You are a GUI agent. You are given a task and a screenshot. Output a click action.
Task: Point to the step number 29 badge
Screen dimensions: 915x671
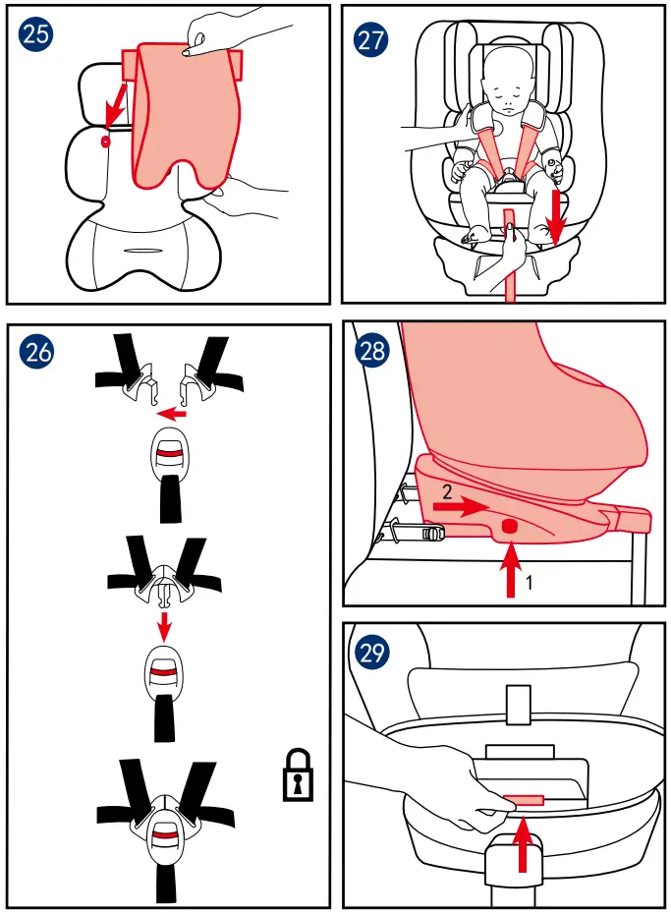372,652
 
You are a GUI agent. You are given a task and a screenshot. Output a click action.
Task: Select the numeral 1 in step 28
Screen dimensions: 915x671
530,582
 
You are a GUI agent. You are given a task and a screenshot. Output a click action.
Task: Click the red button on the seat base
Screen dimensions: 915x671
509,528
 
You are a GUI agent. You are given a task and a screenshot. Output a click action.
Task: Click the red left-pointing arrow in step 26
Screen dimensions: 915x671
173,414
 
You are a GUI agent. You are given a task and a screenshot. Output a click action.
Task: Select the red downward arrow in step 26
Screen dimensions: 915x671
165,625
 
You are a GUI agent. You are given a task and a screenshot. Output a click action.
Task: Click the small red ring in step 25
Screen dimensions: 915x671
105,141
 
